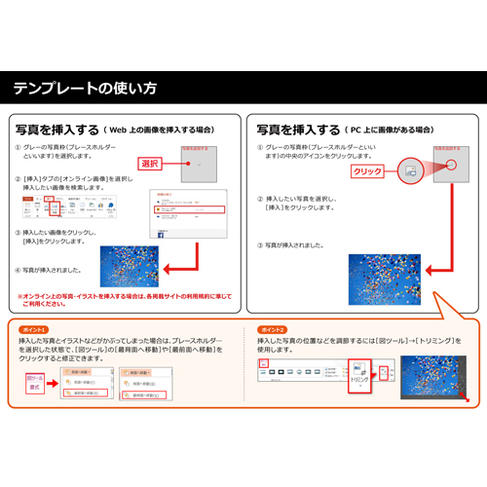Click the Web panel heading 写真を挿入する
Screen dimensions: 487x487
[56, 129]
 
